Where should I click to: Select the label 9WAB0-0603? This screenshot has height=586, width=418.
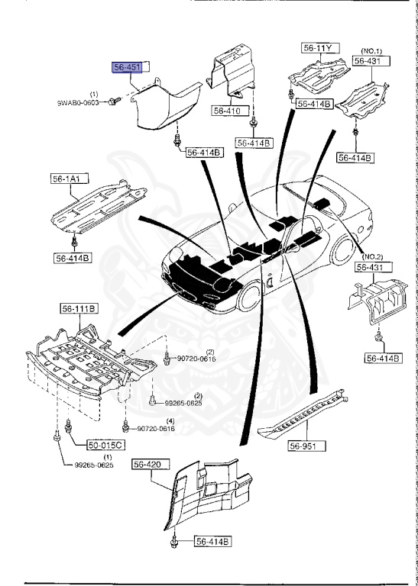pyautogui.click(x=79, y=101)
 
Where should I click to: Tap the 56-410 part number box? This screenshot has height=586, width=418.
pyautogui.click(x=227, y=111)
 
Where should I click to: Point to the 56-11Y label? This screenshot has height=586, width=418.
pyautogui.click(x=318, y=48)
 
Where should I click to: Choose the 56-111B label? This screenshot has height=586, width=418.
pyautogui.click(x=79, y=308)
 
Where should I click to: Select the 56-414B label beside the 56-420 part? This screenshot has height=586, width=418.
pyautogui.click(x=212, y=542)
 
